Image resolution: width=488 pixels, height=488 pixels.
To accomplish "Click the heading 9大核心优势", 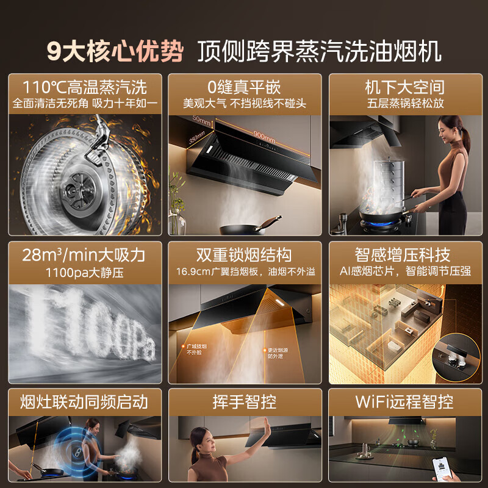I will pos(115,51).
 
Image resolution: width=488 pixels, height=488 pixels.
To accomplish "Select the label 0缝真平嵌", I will pos(245,86).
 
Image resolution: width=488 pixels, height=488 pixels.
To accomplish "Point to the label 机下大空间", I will pos(404,86).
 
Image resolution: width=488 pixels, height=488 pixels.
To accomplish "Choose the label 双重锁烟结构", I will pos(245,254).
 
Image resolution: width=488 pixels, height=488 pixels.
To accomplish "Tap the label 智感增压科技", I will pos(404,254).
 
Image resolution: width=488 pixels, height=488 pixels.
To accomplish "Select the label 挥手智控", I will pos(245,401).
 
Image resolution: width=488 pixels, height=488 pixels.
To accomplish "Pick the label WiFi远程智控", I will pos(404,401).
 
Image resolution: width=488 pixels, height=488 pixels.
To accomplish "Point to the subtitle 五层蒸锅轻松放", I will pos(404,103).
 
